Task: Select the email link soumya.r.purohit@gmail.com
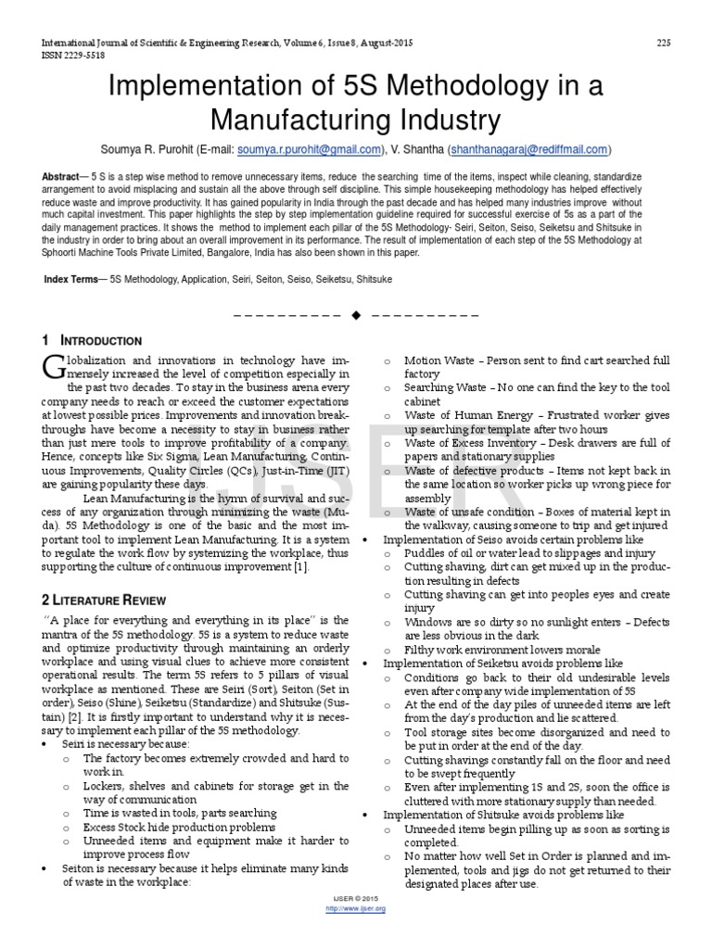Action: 309,148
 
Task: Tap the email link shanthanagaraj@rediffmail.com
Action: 528,148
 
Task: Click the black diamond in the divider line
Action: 356,315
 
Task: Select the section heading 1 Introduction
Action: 92,341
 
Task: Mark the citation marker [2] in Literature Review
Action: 81,717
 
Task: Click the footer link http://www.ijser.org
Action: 356,908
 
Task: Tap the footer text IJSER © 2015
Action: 356,899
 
